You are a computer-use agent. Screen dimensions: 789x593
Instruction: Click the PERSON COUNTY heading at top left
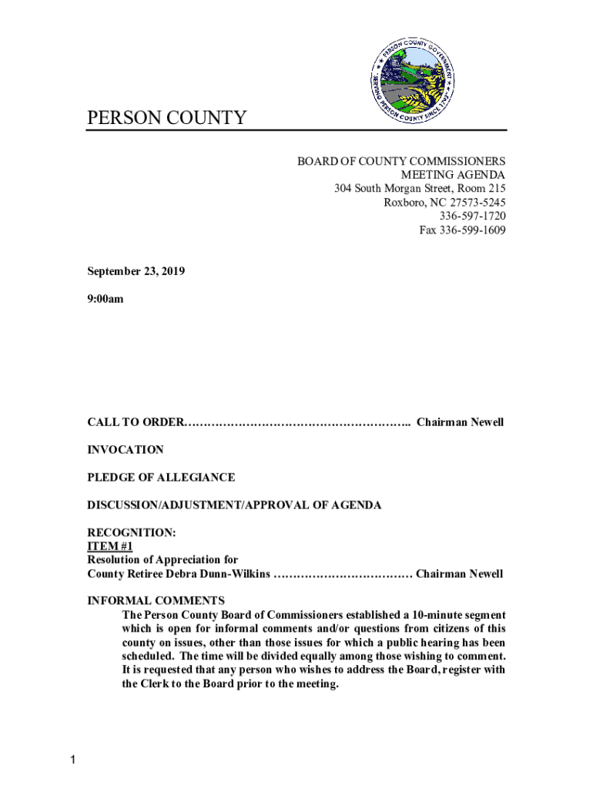point(166,118)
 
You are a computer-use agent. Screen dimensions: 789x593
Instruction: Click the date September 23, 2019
point(136,272)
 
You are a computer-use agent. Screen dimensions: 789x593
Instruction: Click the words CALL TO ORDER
point(136,422)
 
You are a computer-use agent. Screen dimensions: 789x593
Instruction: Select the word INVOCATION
point(126,450)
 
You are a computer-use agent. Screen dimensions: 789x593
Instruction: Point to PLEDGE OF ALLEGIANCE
point(161,478)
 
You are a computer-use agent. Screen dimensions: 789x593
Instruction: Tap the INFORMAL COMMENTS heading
point(156,601)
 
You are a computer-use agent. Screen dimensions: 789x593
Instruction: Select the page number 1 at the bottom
point(72,761)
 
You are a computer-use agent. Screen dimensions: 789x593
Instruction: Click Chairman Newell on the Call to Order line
point(460,422)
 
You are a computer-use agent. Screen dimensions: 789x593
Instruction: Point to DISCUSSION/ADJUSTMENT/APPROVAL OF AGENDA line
point(234,505)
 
